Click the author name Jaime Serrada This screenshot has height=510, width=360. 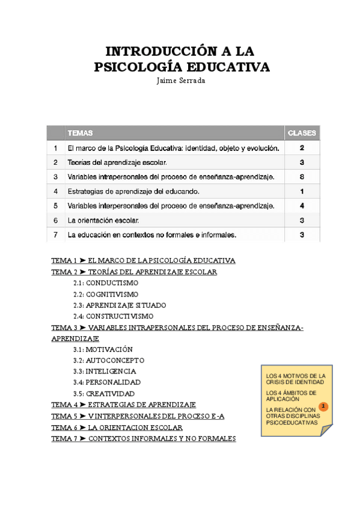point(180,81)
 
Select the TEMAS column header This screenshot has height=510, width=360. point(80,133)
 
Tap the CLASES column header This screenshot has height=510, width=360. point(302,133)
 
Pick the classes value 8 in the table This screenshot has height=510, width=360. point(302,177)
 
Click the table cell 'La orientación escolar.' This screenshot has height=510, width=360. point(103,220)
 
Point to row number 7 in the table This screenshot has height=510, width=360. point(55,235)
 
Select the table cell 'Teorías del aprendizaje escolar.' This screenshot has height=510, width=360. point(117,162)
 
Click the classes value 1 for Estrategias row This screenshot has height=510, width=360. point(302,191)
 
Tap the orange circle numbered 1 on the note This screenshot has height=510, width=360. point(323,407)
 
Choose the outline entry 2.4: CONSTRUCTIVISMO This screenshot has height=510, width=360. point(113,316)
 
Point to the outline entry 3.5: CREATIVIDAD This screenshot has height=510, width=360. point(104,393)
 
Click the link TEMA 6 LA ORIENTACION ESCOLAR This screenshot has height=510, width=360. point(117,428)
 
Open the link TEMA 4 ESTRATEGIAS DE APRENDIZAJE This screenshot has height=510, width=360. point(124,405)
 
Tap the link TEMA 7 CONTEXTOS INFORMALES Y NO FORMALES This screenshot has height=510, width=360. point(144,438)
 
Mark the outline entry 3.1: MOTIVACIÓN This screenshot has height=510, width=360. point(103,349)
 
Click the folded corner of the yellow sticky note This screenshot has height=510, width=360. point(326,430)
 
